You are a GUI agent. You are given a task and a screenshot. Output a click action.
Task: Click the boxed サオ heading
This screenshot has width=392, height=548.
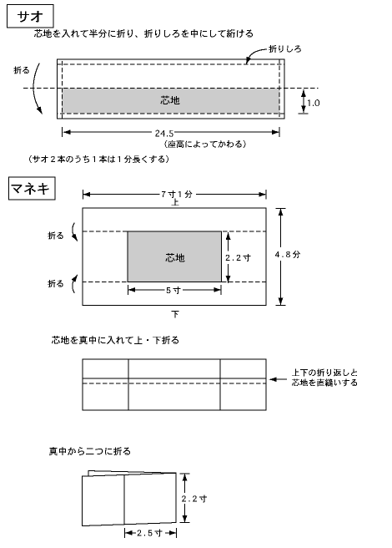[x=30, y=16]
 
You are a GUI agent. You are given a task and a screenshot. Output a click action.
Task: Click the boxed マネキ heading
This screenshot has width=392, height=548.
[x=32, y=189]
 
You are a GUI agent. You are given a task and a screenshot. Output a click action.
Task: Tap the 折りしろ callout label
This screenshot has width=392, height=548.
[x=285, y=49]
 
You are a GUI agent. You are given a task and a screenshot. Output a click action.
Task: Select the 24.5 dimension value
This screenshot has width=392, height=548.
[x=164, y=133]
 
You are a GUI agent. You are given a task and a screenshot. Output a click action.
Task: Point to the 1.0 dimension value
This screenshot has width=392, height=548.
[x=313, y=103]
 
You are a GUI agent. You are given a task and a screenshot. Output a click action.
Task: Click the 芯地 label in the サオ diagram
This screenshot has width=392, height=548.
[x=170, y=100]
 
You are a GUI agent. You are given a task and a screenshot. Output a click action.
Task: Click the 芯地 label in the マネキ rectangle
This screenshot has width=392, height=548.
[x=175, y=258]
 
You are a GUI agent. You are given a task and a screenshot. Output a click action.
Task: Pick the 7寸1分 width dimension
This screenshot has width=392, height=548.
[x=177, y=195]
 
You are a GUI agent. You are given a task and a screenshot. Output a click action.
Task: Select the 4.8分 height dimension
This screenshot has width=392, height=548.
[x=287, y=255]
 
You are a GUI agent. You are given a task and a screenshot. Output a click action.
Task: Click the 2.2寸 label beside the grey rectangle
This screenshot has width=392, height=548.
[x=238, y=258]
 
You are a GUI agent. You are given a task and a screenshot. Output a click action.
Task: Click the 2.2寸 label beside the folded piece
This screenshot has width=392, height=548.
[x=193, y=499]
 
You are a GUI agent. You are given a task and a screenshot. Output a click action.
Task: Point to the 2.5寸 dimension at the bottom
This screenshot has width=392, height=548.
[x=149, y=533]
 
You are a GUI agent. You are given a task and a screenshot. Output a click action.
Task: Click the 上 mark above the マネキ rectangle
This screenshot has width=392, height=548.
[x=175, y=202]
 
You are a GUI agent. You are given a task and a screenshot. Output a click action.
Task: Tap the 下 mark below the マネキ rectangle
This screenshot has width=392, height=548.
[x=175, y=314]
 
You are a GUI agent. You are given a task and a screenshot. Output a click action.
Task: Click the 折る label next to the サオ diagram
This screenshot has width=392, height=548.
[x=22, y=70]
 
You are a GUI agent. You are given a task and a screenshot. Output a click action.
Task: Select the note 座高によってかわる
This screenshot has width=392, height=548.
[x=205, y=144]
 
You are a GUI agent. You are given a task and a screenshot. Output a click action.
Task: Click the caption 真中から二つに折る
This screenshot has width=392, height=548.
[x=90, y=451]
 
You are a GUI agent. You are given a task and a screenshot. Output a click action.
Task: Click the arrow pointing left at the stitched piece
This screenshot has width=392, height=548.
[x=279, y=379]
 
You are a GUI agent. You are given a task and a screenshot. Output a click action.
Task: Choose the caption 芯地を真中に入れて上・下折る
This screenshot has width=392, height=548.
[x=115, y=340]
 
